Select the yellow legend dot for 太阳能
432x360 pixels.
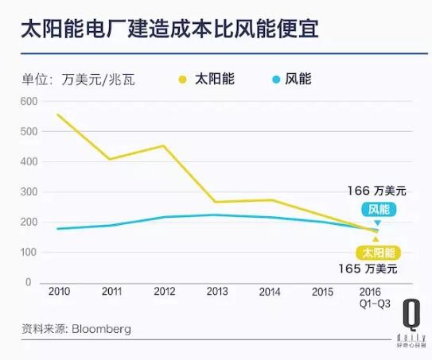click(183, 79)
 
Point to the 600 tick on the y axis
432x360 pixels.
click(29, 101)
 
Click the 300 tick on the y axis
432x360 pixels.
click(29, 192)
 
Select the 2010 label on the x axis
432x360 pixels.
click(59, 292)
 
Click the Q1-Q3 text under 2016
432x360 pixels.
click(371, 303)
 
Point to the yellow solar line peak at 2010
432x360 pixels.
click(58, 114)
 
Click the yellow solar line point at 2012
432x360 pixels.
click(163, 145)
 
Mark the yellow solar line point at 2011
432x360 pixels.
click(111, 159)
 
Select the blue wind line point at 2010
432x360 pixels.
click(58, 229)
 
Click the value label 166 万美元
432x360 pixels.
click(376, 191)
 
